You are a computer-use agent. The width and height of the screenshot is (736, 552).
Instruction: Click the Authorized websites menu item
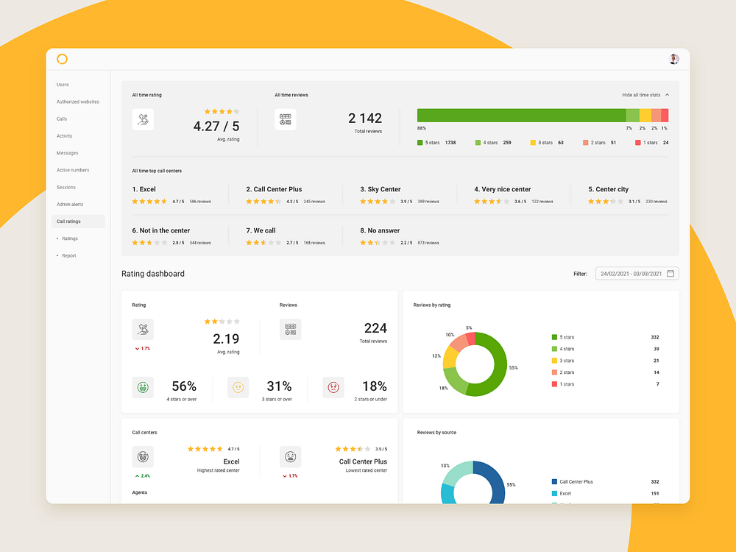(77, 102)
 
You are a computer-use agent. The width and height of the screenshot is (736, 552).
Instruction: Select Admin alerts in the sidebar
(69, 204)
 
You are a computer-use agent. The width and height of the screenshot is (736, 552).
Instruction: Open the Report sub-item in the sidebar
(68, 255)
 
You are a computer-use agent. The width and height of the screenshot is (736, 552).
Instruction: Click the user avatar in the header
(674, 59)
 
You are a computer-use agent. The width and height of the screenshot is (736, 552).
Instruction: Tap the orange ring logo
(62, 59)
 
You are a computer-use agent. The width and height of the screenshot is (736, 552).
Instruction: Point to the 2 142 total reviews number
(365, 118)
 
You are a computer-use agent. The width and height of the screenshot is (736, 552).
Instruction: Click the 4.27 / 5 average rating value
(216, 126)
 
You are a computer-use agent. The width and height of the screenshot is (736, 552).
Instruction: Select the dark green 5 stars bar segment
(521, 115)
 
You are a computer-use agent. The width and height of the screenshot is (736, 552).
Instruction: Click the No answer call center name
(383, 230)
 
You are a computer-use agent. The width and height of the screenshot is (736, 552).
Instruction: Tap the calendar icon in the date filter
(670, 274)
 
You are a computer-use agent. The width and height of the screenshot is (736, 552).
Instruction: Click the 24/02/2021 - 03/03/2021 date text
(631, 274)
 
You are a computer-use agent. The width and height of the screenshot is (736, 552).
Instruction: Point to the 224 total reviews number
(375, 328)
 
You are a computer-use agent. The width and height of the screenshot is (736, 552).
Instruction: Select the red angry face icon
(333, 387)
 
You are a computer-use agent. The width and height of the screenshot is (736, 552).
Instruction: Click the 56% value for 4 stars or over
(183, 386)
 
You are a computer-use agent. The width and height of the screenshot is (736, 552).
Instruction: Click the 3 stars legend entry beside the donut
(567, 361)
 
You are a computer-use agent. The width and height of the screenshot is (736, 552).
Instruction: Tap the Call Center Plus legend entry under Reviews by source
(576, 481)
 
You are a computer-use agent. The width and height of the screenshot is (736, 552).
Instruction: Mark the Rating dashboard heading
(153, 274)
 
